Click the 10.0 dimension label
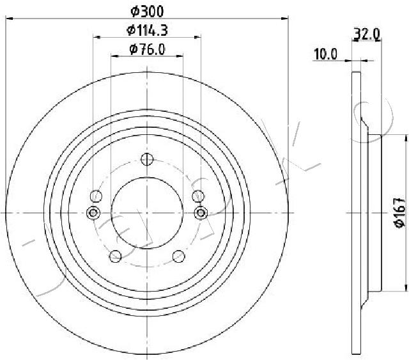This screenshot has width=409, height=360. click(x=325, y=55)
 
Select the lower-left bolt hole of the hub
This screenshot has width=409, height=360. click(x=116, y=256)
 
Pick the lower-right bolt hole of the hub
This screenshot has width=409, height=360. click(x=179, y=256)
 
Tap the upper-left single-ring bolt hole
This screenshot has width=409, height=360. click(x=97, y=196)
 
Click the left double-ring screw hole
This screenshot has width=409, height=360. click(x=93, y=212)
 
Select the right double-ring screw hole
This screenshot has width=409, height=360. click(x=201, y=212)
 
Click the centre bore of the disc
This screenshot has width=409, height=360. click(x=148, y=212)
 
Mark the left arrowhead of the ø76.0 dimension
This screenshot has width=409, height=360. click(x=114, y=56)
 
